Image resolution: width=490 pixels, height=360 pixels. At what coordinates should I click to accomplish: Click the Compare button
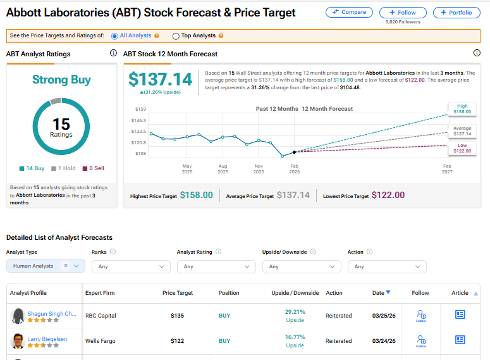pyautogui.click(x=349, y=13)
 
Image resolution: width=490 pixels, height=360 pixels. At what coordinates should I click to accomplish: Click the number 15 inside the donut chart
pyautogui.click(x=61, y=123)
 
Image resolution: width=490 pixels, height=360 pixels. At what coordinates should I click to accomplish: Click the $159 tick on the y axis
pyautogui.click(x=140, y=109)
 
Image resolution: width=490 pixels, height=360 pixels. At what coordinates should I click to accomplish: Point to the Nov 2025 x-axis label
pyautogui.click(x=259, y=169)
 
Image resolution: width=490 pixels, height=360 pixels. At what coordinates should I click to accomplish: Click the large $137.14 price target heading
pyautogui.click(x=160, y=79)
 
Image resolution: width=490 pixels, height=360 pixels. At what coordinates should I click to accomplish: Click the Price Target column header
pyautogui.click(x=178, y=293)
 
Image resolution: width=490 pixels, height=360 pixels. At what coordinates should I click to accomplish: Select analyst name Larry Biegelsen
pyautogui.click(x=47, y=339)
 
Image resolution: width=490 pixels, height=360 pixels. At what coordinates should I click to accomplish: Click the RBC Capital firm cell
pyautogui.click(x=101, y=316)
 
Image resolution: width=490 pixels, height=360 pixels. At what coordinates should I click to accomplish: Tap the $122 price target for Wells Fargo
pyautogui.click(x=178, y=341)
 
